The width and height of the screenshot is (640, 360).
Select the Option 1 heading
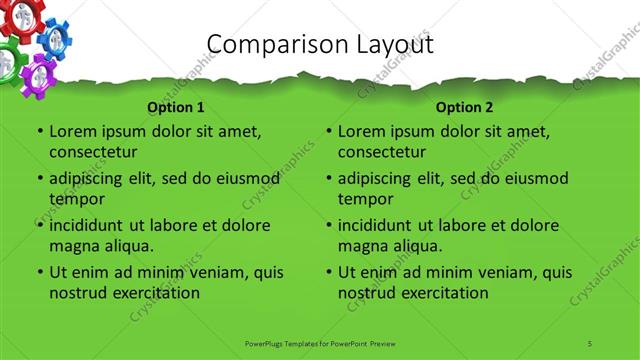tap(176, 107)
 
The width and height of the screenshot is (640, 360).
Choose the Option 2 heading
tap(465, 107)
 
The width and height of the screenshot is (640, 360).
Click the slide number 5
tap(591, 343)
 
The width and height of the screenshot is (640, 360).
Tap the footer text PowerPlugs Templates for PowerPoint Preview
tap(320, 343)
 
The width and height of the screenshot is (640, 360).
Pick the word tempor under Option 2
tap(365, 198)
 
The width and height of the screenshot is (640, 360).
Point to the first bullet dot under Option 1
tap(39, 132)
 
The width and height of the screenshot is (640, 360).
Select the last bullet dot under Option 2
tap(328, 272)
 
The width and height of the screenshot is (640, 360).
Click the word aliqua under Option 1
tap(127, 245)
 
